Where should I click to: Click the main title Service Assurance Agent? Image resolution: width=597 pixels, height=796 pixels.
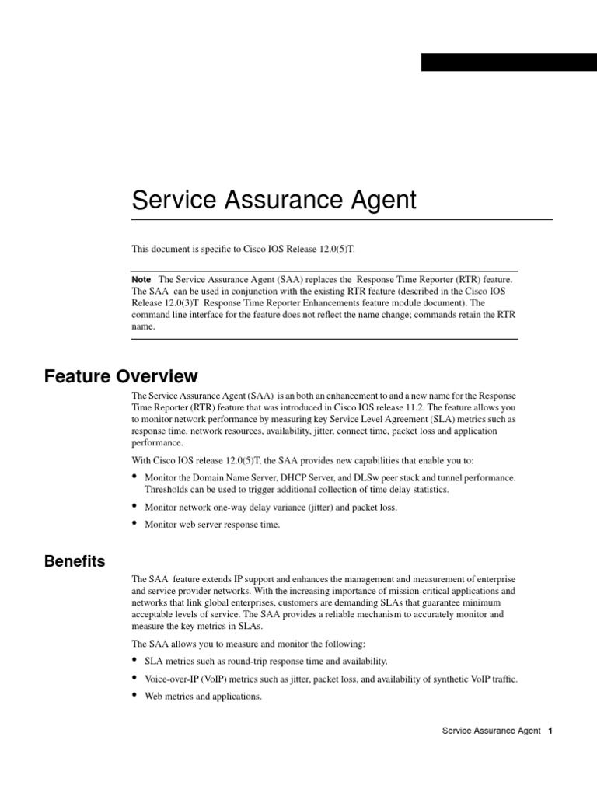[274, 201]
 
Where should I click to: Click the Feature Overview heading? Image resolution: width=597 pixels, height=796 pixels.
[121, 377]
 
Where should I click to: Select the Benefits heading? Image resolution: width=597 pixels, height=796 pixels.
[75, 561]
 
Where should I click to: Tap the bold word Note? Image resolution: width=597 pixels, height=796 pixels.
[141, 278]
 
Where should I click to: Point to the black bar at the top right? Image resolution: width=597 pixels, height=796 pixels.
[508, 62]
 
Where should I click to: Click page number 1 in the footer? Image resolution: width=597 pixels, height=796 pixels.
[550, 731]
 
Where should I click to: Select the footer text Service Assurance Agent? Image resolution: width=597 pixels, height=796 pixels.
[491, 731]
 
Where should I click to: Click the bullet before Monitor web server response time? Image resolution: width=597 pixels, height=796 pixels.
[135, 524]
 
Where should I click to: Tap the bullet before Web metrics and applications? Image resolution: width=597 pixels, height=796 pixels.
[135, 696]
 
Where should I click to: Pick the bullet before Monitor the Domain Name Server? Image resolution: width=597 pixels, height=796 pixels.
[135, 476]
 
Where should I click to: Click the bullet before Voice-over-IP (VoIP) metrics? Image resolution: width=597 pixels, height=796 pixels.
[135, 678]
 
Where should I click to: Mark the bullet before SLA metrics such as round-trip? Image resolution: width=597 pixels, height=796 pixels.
[135, 660]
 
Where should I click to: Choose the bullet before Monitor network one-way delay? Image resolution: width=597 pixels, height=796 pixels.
[135, 506]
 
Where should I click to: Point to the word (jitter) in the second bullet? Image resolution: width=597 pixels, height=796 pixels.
[321, 507]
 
